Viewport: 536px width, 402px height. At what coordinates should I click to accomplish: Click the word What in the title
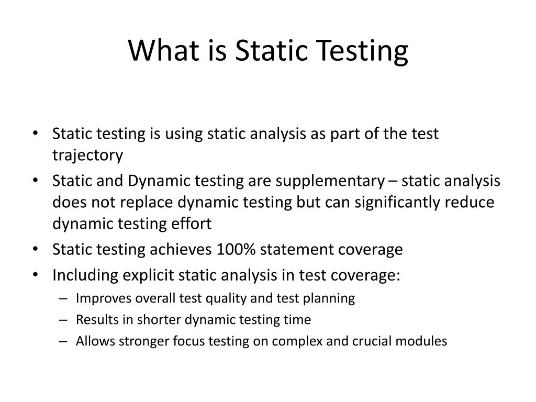tap(160, 50)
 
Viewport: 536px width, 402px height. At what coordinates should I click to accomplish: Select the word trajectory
tap(87, 155)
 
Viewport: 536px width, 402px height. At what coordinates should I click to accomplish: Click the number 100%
tap(236, 249)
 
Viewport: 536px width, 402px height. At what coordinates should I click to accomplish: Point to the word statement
tap(291, 249)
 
